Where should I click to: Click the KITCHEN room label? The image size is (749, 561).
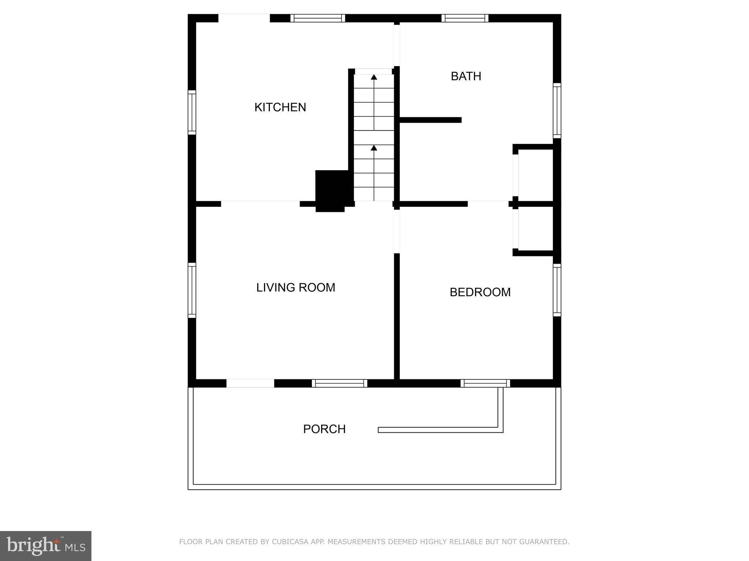[x=280, y=107]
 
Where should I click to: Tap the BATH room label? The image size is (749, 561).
[x=466, y=76]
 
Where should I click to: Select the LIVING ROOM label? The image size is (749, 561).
[x=296, y=288]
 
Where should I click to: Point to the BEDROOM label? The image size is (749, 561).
[x=480, y=292]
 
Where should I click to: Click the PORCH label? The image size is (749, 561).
[x=324, y=429]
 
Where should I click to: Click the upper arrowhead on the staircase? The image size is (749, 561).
[x=374, y=77]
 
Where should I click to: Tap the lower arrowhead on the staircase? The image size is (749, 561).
[x=374, y=148]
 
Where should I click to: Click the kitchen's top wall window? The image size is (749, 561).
[x=317, y=18]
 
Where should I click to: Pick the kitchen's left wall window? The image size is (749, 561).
[x=192, y=112]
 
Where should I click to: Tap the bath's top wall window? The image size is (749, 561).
[x=464, y=18]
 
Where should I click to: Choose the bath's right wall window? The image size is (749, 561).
[x=557, y=110]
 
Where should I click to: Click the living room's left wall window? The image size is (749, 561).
[x=192, y=290]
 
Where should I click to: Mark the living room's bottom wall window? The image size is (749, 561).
[x=339, y=383]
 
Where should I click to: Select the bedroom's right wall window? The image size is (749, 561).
[x=557, y=290]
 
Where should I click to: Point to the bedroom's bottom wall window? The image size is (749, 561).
[x=485, y=383]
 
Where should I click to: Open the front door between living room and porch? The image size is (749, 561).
[x=250, y=383]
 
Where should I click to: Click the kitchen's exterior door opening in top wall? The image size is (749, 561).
[x=244, y=18]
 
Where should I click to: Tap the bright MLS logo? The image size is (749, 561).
[x=46, y=546]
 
